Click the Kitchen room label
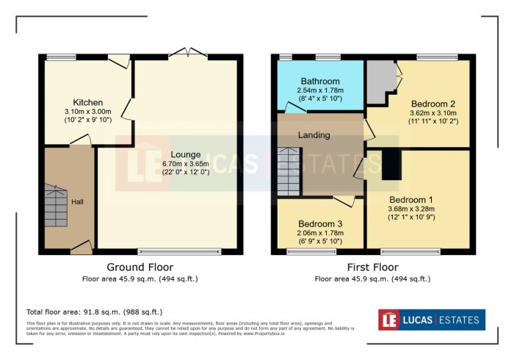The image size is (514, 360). (87, 102)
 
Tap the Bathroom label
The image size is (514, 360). (320, 81)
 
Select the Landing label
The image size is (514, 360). (314, 135)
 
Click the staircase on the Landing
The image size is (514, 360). (289, 171)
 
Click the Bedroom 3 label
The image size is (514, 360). (320, 223)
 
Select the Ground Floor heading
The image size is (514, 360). (140, 267)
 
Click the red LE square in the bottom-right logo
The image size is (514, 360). (390, 320)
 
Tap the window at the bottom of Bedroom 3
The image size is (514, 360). (310, 251)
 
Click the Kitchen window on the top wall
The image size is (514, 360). (56, 57)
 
